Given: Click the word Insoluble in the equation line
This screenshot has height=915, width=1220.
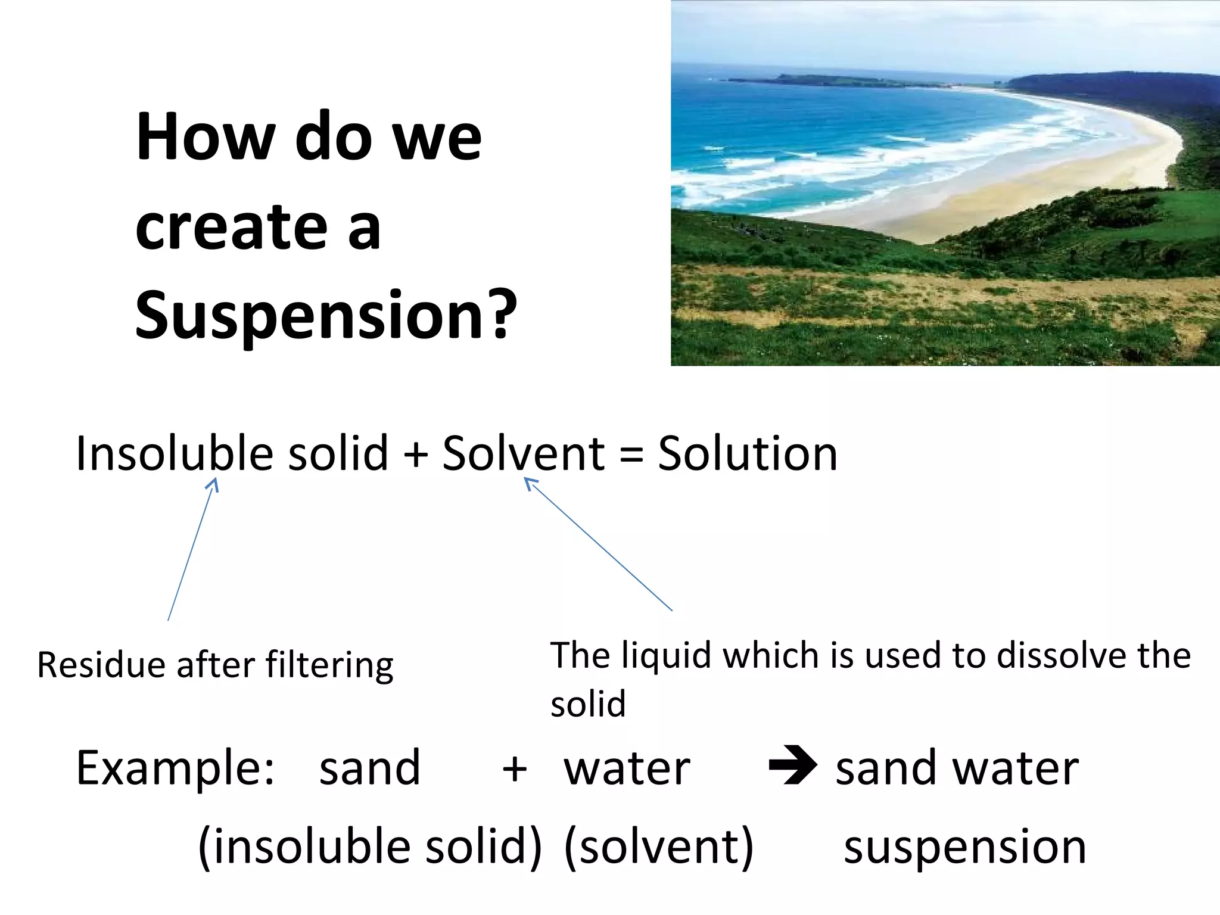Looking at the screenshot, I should [x=175, y=454].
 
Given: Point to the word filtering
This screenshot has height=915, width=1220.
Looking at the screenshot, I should [x=329, y=666].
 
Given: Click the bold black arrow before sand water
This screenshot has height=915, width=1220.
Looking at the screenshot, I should [x=792, y=765].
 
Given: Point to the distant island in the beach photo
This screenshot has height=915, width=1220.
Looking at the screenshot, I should [x=834, y=81].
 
